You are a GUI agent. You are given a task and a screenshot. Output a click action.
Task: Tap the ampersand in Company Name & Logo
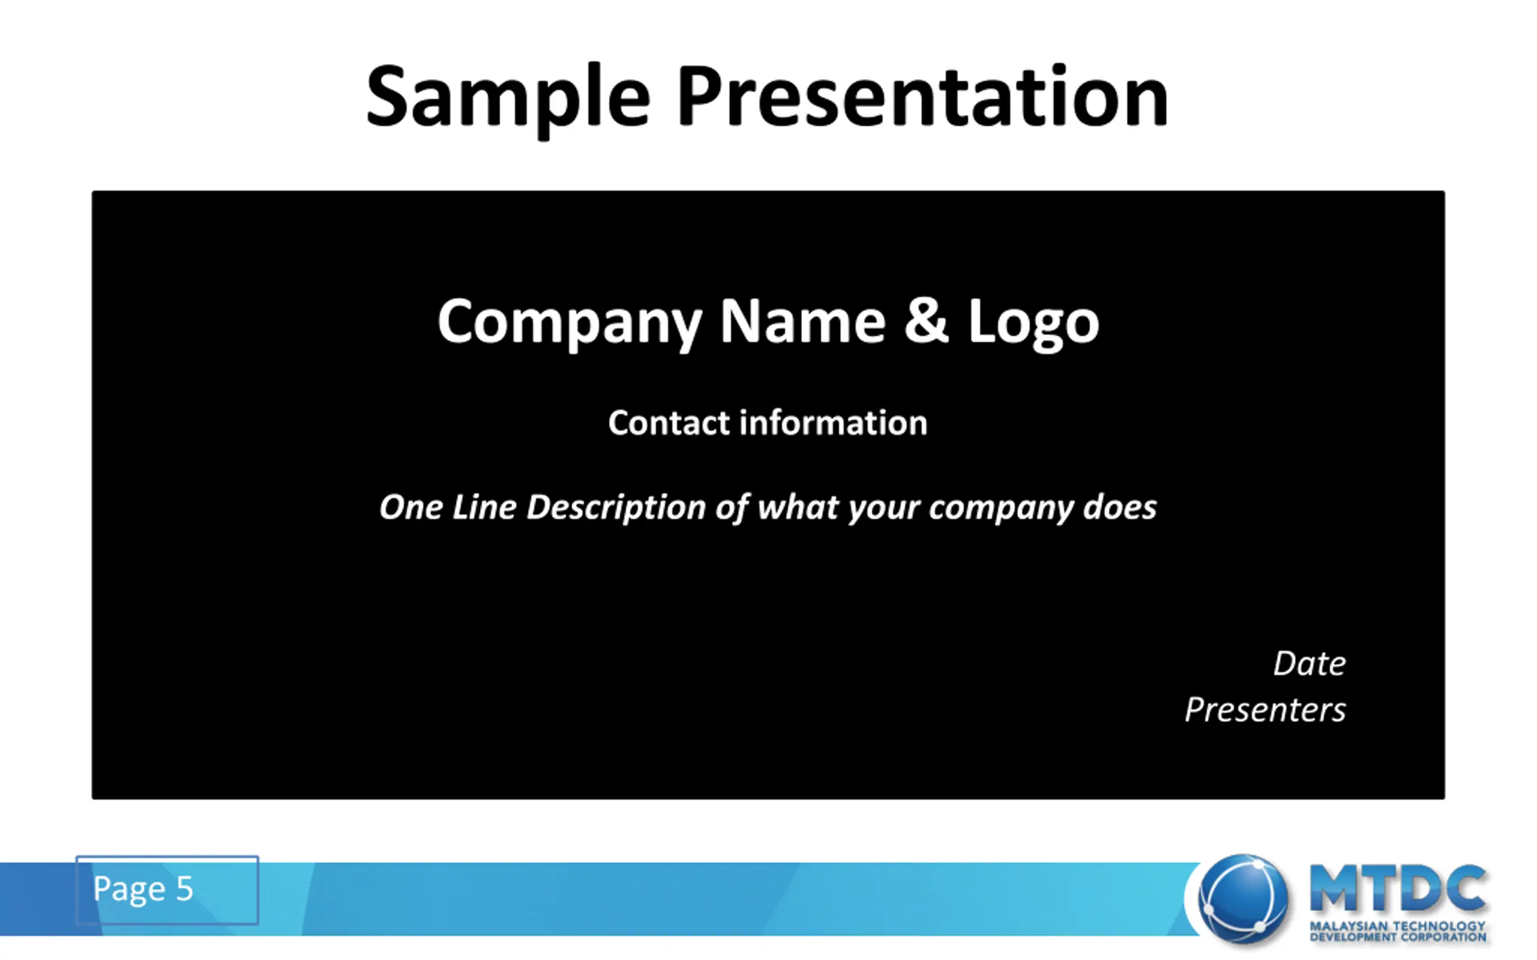[926, 320]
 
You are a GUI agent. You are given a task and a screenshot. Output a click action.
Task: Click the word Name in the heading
[802, 321]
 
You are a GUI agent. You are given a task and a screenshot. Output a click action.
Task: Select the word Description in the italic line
[616, 509]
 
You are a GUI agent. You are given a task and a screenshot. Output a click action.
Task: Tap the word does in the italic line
[1120, 508]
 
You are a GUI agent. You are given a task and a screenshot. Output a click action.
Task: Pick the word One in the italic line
[411, 508]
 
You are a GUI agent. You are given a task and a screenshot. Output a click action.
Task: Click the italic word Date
[1309, 664]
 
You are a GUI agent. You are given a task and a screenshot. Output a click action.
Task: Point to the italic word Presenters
[1265, 710]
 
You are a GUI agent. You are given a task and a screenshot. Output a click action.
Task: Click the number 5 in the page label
[184, 888]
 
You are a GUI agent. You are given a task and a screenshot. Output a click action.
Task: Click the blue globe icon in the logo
[1243, 898]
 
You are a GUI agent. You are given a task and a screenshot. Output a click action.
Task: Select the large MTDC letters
[1397, 889]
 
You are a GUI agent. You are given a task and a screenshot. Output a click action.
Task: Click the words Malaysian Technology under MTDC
[1397, 926]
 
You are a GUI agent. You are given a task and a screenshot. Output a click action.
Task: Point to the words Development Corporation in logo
[1397, 937]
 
